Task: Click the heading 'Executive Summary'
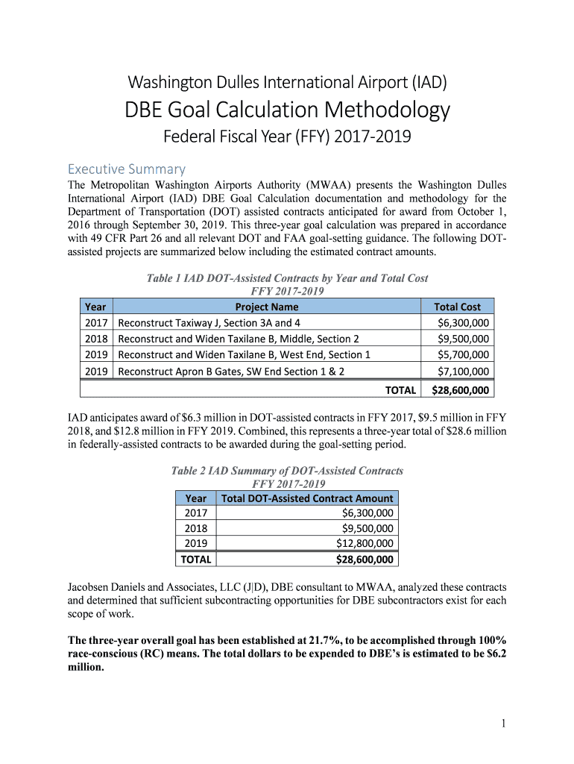[x=127, y=169]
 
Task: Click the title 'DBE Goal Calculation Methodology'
[x=287, y=110]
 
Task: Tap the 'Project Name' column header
[x=266, y=307]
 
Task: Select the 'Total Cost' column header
[x=457, y=307]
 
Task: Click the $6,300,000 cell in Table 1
[x=463, y=323]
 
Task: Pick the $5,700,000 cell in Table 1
[x=463, y=355]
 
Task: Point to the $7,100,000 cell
[x=463, y=372]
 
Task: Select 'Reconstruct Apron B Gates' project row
[x=231, y=372]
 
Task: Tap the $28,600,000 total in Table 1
[x=461, y=389]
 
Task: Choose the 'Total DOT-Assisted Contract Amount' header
[x=307, y=498]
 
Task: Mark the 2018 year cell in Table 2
[x=196, y=528]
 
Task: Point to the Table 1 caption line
[x=287, y=278]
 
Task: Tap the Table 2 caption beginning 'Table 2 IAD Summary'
[x=287, y=471]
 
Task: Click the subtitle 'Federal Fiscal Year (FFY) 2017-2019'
[x=287, y=138]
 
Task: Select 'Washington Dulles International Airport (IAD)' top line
[x=287, y=82]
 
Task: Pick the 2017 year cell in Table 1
[x=96, y=323]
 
